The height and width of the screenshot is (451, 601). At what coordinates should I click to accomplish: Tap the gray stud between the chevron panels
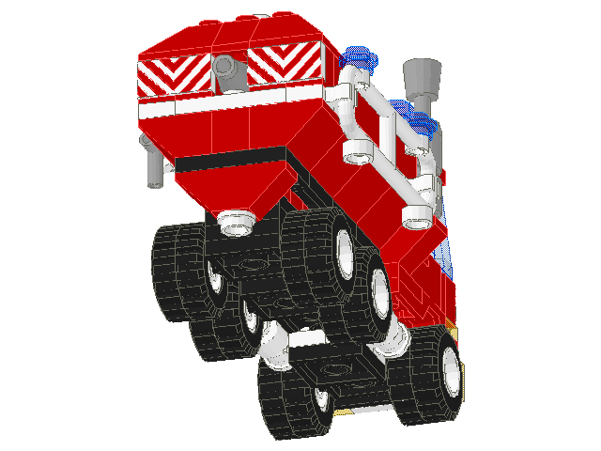(x=223, y=67)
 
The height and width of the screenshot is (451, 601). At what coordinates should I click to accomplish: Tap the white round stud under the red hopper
(x=238, y=223)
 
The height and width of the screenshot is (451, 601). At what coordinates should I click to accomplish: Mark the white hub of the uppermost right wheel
(x=345, y=252)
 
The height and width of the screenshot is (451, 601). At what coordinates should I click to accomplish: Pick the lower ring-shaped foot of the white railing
(x=415, y=219)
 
